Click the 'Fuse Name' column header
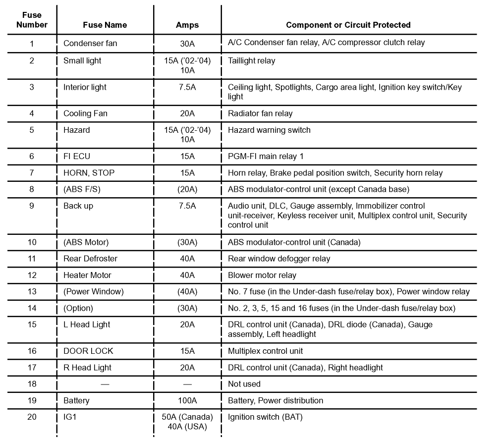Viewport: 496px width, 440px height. pyautogui.click(x=105, y=25)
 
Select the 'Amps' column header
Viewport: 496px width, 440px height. pyautogui.click(x=187, y=25)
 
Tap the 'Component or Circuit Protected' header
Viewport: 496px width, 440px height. pyautogui.click(x=348, y=25)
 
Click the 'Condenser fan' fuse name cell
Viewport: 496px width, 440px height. pyautogui.click(x=90, y=43)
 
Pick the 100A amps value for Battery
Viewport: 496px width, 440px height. pyautogui.click(x=187, y=400)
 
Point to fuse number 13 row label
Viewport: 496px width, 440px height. pyautogui.click(x=32, y=291)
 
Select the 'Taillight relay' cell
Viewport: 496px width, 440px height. pyautogui.click(x=251, y=61)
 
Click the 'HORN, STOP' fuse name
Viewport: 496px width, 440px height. pyautogui.click(x=89, y=173)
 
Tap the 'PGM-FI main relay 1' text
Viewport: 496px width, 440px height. pyautogui.click(x=266, y=157)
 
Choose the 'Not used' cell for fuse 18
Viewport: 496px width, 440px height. pyautogui.click(x=244, y=384)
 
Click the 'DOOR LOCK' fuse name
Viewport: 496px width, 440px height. pyautogui.click(x=88, y=351)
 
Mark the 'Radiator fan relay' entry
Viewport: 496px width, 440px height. pyautogui.click(x=260, y=113)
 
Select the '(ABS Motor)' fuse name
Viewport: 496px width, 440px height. pyautogui.click(x=86, y=242)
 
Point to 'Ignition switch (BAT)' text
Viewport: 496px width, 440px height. pyautogui.click(x=265, y=417)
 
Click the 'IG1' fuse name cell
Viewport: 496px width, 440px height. pyautogui.click(x=70, y=417)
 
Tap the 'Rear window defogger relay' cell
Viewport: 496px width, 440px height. pyautogui.click(x=279, y=259)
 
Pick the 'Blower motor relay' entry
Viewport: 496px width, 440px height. pyautogui.click(x=262, y=275)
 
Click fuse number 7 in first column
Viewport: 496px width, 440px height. pyautogui.click(x=32, y=173)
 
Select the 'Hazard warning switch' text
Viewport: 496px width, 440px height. pyautogui.click(x=269, y=130)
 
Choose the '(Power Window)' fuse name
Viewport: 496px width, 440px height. pyautogui.click(x=93, y=291)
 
